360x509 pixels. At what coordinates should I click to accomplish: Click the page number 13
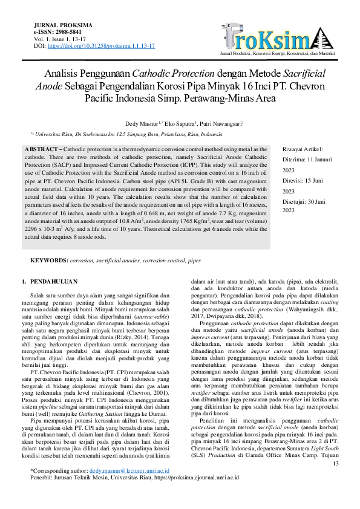(x=335, y=481)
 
